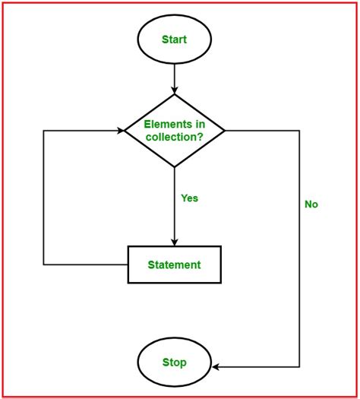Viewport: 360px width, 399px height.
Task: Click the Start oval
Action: [175, 39]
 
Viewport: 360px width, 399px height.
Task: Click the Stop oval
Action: [175, 363]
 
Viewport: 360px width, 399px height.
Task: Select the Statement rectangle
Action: [175, 264]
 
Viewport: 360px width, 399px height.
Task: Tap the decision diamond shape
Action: [175, 130]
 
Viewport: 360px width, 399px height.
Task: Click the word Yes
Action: [189, 198]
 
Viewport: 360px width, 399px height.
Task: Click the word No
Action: [311, 204]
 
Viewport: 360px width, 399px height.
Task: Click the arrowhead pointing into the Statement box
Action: [175, 241]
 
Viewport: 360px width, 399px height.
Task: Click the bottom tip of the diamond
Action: [175, 167]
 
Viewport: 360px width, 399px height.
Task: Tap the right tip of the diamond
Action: [226, 130]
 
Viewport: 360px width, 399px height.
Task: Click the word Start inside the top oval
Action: [175, 39]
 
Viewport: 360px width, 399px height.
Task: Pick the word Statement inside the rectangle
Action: [175, 264]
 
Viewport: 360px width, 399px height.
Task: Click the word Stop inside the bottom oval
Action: [175, 363]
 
